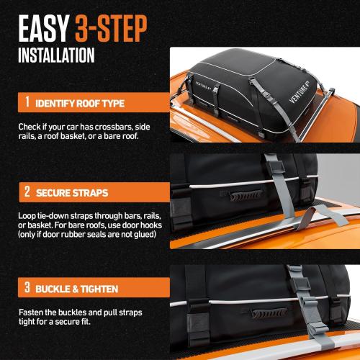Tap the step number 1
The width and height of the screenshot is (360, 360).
click(x=27, y=102)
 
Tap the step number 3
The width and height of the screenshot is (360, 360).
click(x=27, y=288)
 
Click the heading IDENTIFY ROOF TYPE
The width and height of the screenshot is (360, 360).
click(x=84, y=102)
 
